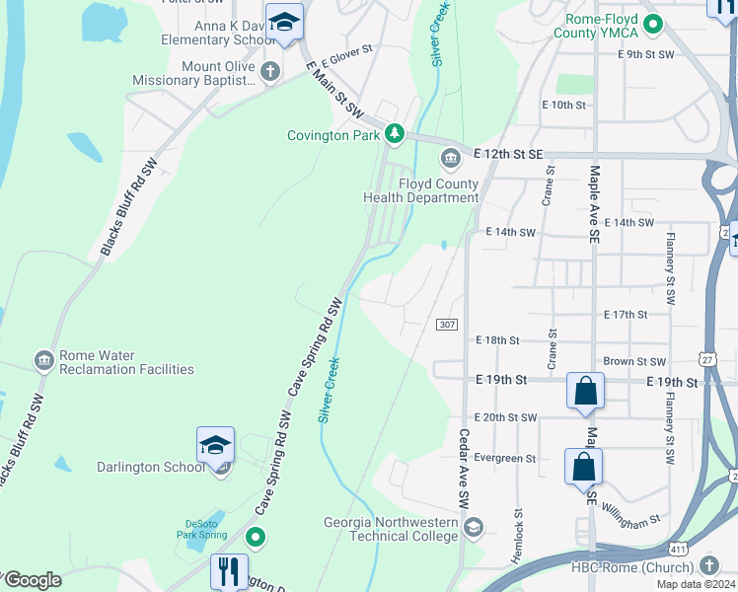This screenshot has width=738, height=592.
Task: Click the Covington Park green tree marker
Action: pyautogui.click(x=395, y=134)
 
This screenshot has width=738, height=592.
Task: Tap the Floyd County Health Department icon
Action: pyautogui.click(x=451, y=157)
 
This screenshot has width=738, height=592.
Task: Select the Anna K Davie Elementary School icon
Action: pyautogui.click(x=283, y=24)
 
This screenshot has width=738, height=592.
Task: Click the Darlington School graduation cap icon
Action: pyautogui.click(x=215, y=445)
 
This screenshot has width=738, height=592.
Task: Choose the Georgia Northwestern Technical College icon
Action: pyautogui.click(x=474, y=527)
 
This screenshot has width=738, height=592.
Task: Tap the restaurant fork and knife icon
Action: pyautogui.click(x=229, y=571)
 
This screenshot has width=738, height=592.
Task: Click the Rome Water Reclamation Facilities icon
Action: pyautogui.click(x=43, y=361)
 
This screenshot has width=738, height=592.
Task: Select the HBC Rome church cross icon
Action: pyautogui.click(x=708, y=564)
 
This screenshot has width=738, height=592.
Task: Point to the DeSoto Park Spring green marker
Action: pyautogui.click(x=256, y=537)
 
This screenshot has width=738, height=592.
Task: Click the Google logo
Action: pyautogui.click(x=33, y=580)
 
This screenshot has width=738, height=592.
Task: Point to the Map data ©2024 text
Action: pyautogui.click(x=696, y=584)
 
